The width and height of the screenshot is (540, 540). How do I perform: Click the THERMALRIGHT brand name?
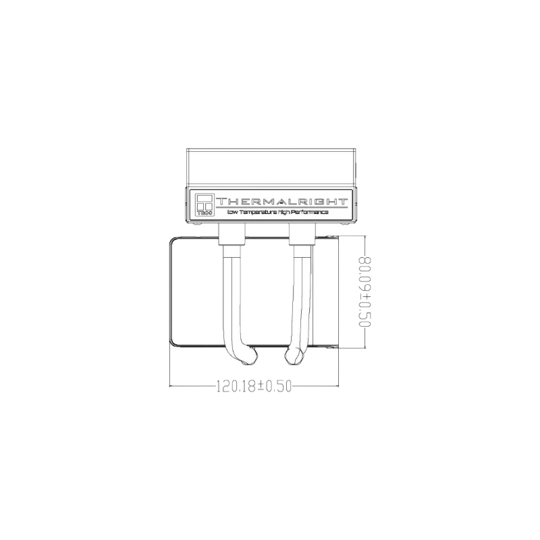point(281,201)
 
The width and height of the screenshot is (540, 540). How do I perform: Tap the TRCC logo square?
point(205,205)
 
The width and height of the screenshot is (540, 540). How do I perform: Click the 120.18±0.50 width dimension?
point(254,386)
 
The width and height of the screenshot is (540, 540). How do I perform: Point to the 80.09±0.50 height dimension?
point(364,292)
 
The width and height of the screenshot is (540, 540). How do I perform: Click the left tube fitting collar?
point(232,234)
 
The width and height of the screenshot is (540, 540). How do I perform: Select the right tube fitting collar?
point(302,234)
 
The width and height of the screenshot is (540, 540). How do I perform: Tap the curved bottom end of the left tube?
point(249,356)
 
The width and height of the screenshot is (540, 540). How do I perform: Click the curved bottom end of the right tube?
point(294,356)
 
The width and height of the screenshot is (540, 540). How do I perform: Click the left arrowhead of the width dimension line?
point(172,385)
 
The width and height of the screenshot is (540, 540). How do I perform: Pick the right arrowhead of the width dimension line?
point(336,385)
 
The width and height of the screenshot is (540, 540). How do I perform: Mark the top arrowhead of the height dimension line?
point(365,238)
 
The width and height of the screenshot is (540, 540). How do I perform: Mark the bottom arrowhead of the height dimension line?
point(365,346)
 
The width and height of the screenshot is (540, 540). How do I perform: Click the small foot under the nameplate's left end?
point(197,224)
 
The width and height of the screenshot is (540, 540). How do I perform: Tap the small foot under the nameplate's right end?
point(345,224)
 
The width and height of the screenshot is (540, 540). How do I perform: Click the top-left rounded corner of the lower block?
point(172,240)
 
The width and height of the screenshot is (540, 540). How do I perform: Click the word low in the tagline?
point(232,212)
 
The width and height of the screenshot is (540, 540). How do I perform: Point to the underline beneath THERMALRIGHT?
point(282,207)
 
